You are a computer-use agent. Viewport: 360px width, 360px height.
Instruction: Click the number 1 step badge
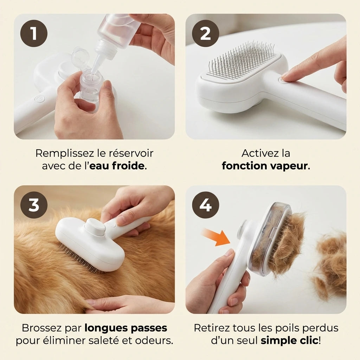(x=34, y=33)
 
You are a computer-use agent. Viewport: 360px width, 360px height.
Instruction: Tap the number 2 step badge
(x=205, y=33)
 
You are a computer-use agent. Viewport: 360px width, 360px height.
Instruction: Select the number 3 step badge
(x=34, y=205)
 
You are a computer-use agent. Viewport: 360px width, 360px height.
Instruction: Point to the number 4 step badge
(x=205, y=205)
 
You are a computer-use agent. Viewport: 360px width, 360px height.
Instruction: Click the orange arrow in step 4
(x=216, y=237)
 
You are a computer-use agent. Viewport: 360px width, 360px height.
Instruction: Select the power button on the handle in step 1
(x=40, y=99)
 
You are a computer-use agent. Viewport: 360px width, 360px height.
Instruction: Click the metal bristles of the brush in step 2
(x=242, y=59)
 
